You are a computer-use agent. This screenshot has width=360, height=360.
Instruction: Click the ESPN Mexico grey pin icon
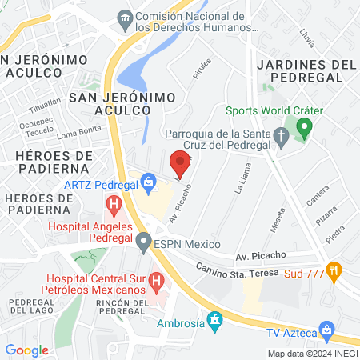click(x=143, y=240)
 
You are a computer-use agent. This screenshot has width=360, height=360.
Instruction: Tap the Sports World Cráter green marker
click(x=303, y=127)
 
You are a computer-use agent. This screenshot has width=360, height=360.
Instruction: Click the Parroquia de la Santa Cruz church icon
click(x=281, y=137)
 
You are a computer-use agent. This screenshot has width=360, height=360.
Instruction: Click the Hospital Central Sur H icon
click(x=157, y=282)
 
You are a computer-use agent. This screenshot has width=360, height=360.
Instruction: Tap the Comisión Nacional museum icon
click(x=125, y=18)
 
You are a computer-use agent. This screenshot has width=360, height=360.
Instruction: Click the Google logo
click(x=26, y=350)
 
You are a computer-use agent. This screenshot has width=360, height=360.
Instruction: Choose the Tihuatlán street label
click(x=45, y=107)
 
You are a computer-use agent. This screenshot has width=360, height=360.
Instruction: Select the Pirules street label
click(x=201, y=71)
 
